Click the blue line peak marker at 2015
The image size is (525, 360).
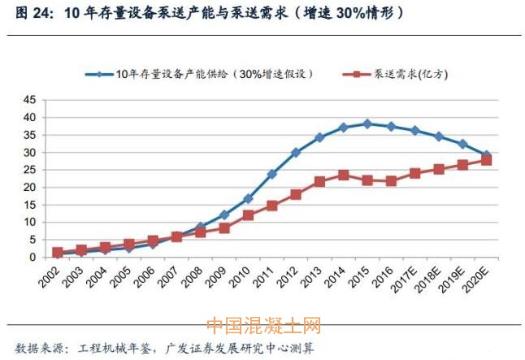pyautogui.click(x=367, y=124)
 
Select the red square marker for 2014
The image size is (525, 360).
pyautogui.click(x=344, y=175)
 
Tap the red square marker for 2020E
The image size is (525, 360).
pyautogui.click(x=486, y=161)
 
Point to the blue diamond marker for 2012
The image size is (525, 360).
pyautogui.click(x=296, y=153)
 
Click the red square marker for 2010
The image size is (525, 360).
pyautogui.click(x=248, y=215)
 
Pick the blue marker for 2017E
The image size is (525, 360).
pyautogui.click(x=415, y=131)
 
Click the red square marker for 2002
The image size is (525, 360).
pyautogui.click(x=57, y=253)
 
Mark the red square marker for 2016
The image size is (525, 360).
pyautogui.click(x=392, y=181)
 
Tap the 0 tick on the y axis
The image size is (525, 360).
pyautogui.click(x=33, y=257)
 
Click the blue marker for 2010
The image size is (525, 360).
pyautogui.click(x=248, y=198)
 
